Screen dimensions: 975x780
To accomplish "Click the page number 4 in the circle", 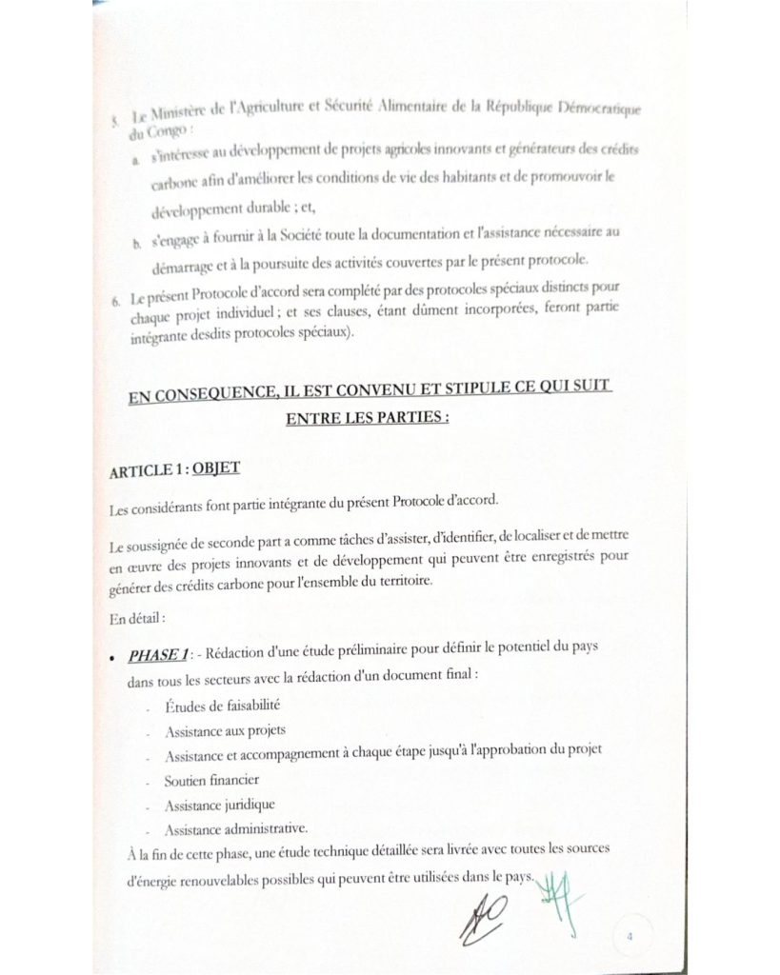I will pos(630,936).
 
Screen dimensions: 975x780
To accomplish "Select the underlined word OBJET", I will pos(216,468).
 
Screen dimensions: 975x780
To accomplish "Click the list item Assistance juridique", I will pos(207,804).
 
